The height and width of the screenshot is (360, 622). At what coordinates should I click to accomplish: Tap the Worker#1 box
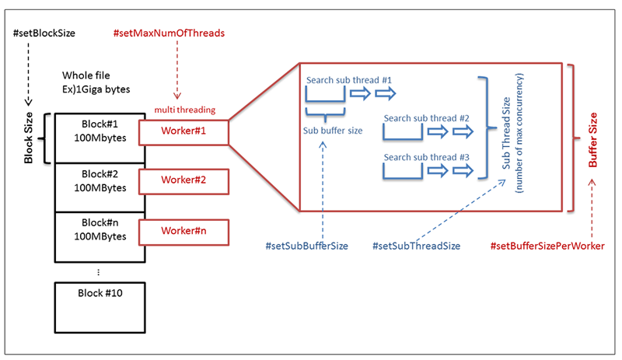point(183,132)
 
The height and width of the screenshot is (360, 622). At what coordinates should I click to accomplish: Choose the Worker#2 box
point(183,182)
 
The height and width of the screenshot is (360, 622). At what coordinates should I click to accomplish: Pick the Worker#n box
point(183,231)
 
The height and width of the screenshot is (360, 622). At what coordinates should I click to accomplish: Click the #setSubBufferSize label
point(306,246)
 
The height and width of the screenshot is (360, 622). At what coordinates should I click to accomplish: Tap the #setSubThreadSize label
point(417,246)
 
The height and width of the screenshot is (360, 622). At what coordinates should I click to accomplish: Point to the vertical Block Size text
point(29,138)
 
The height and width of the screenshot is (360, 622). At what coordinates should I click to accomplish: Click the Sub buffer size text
point(333,130)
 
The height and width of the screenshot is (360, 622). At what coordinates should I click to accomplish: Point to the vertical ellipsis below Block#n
point(96,273)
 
